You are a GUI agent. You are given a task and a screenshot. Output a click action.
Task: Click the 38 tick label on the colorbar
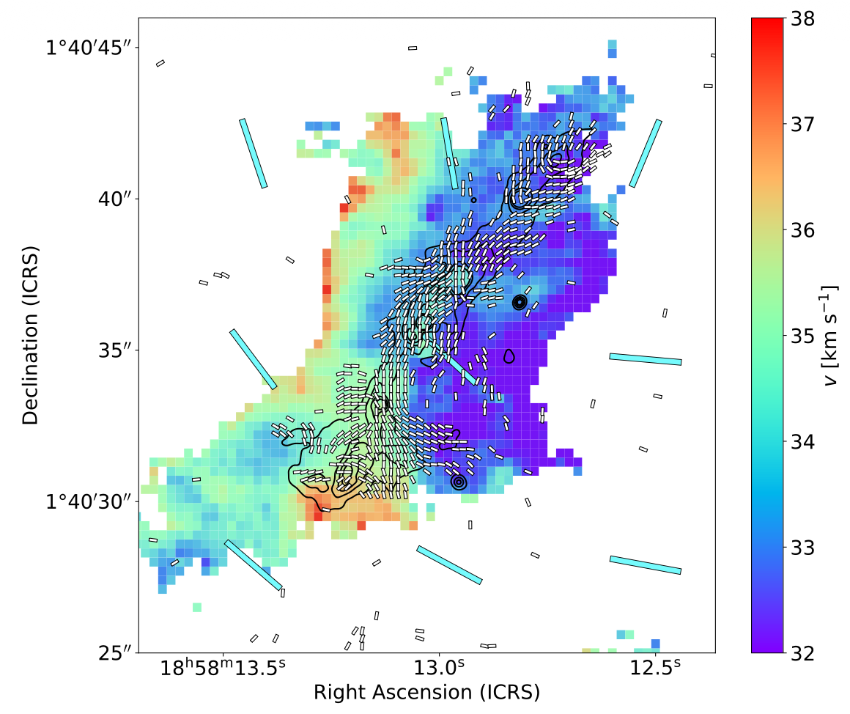[x=802, y=19]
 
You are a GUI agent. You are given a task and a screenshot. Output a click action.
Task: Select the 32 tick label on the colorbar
[x=802, y=653]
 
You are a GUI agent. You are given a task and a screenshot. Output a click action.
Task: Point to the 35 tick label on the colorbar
[x=802, y=336]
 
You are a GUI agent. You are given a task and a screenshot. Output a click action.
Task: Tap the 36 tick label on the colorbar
[x=802, y=230]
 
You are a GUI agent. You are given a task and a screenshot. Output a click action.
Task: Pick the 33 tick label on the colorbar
[x=802, y=548]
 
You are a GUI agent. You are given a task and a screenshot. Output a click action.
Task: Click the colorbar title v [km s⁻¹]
[x=830, y=336]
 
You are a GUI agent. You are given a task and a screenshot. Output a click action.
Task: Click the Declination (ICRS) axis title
[x=30, y=335]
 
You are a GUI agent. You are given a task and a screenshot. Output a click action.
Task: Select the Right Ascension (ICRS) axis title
[x=426, y=692]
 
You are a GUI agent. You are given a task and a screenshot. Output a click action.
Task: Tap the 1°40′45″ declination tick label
[x=89, y=48]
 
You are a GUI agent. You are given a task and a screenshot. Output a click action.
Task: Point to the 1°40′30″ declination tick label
[x=89, y=501]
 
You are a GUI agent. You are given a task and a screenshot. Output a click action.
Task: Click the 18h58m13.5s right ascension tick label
[x=222, y=668]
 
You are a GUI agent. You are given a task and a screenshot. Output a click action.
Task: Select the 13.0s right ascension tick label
[x=439, y=668]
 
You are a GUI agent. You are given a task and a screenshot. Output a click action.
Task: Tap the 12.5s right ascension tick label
[x=655, y=668]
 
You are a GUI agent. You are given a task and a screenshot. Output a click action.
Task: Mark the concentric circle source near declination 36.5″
[x=520, y=302]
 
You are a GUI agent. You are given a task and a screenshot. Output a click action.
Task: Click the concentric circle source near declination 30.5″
[x=459, y=482]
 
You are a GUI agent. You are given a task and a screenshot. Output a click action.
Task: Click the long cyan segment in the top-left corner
[x=253, y=153]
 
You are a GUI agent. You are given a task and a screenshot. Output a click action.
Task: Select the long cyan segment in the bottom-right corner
[x=645, y=565]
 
